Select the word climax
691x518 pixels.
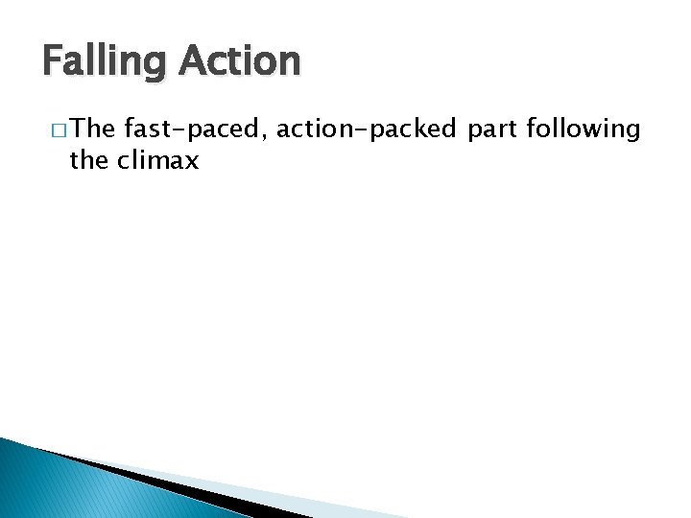[x=160, y=160]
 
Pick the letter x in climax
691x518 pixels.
[x=191, y=162]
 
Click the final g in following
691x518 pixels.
[x=631, y=133]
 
